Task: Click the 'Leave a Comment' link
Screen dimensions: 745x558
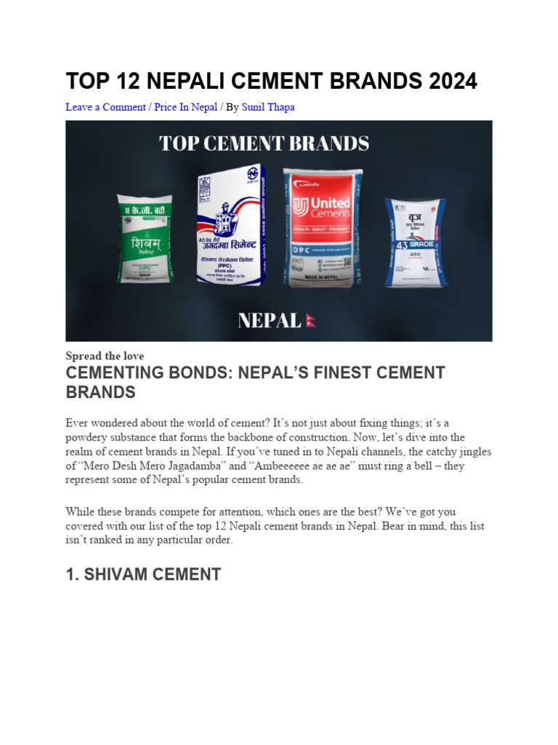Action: click(x=105, y=107)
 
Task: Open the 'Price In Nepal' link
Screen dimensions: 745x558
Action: click(x=185, y=107)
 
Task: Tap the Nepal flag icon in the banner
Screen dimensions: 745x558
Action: click(x=310, y=321)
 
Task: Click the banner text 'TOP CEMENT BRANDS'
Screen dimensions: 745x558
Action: click(x=264, y=143)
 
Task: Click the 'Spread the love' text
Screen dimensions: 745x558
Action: click(x=105, y=356)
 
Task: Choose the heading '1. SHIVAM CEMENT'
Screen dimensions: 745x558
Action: click(x=143, y=574)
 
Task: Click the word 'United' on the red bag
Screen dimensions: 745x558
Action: click(x=330, y=202)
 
